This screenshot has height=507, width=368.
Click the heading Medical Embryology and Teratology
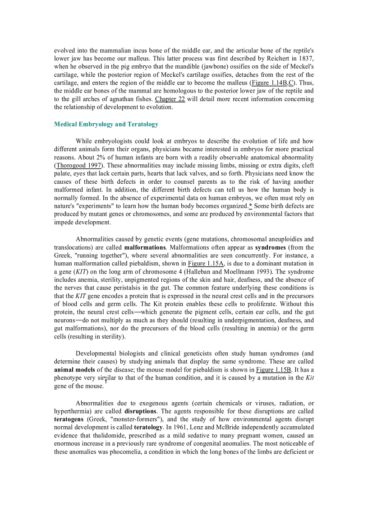coord(106,124)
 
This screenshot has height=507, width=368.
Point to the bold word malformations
coord(145,247)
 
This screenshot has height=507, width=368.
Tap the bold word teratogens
coord(70,419)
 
